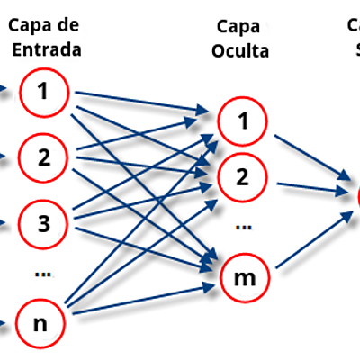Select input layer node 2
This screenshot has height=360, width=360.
[x=42, y=157]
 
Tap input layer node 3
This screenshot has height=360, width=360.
[x=42, y=220]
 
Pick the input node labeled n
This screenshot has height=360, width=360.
[x=42, y=320]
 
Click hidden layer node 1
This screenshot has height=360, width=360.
[x=240, y=121]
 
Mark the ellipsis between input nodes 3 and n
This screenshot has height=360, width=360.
[x=41, y=271]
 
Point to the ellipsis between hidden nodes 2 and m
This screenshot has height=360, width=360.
[x=241, y=224]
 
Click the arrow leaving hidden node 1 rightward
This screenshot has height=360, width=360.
[x=310, y=155]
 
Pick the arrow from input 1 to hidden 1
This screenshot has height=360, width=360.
[x=139, y=102]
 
